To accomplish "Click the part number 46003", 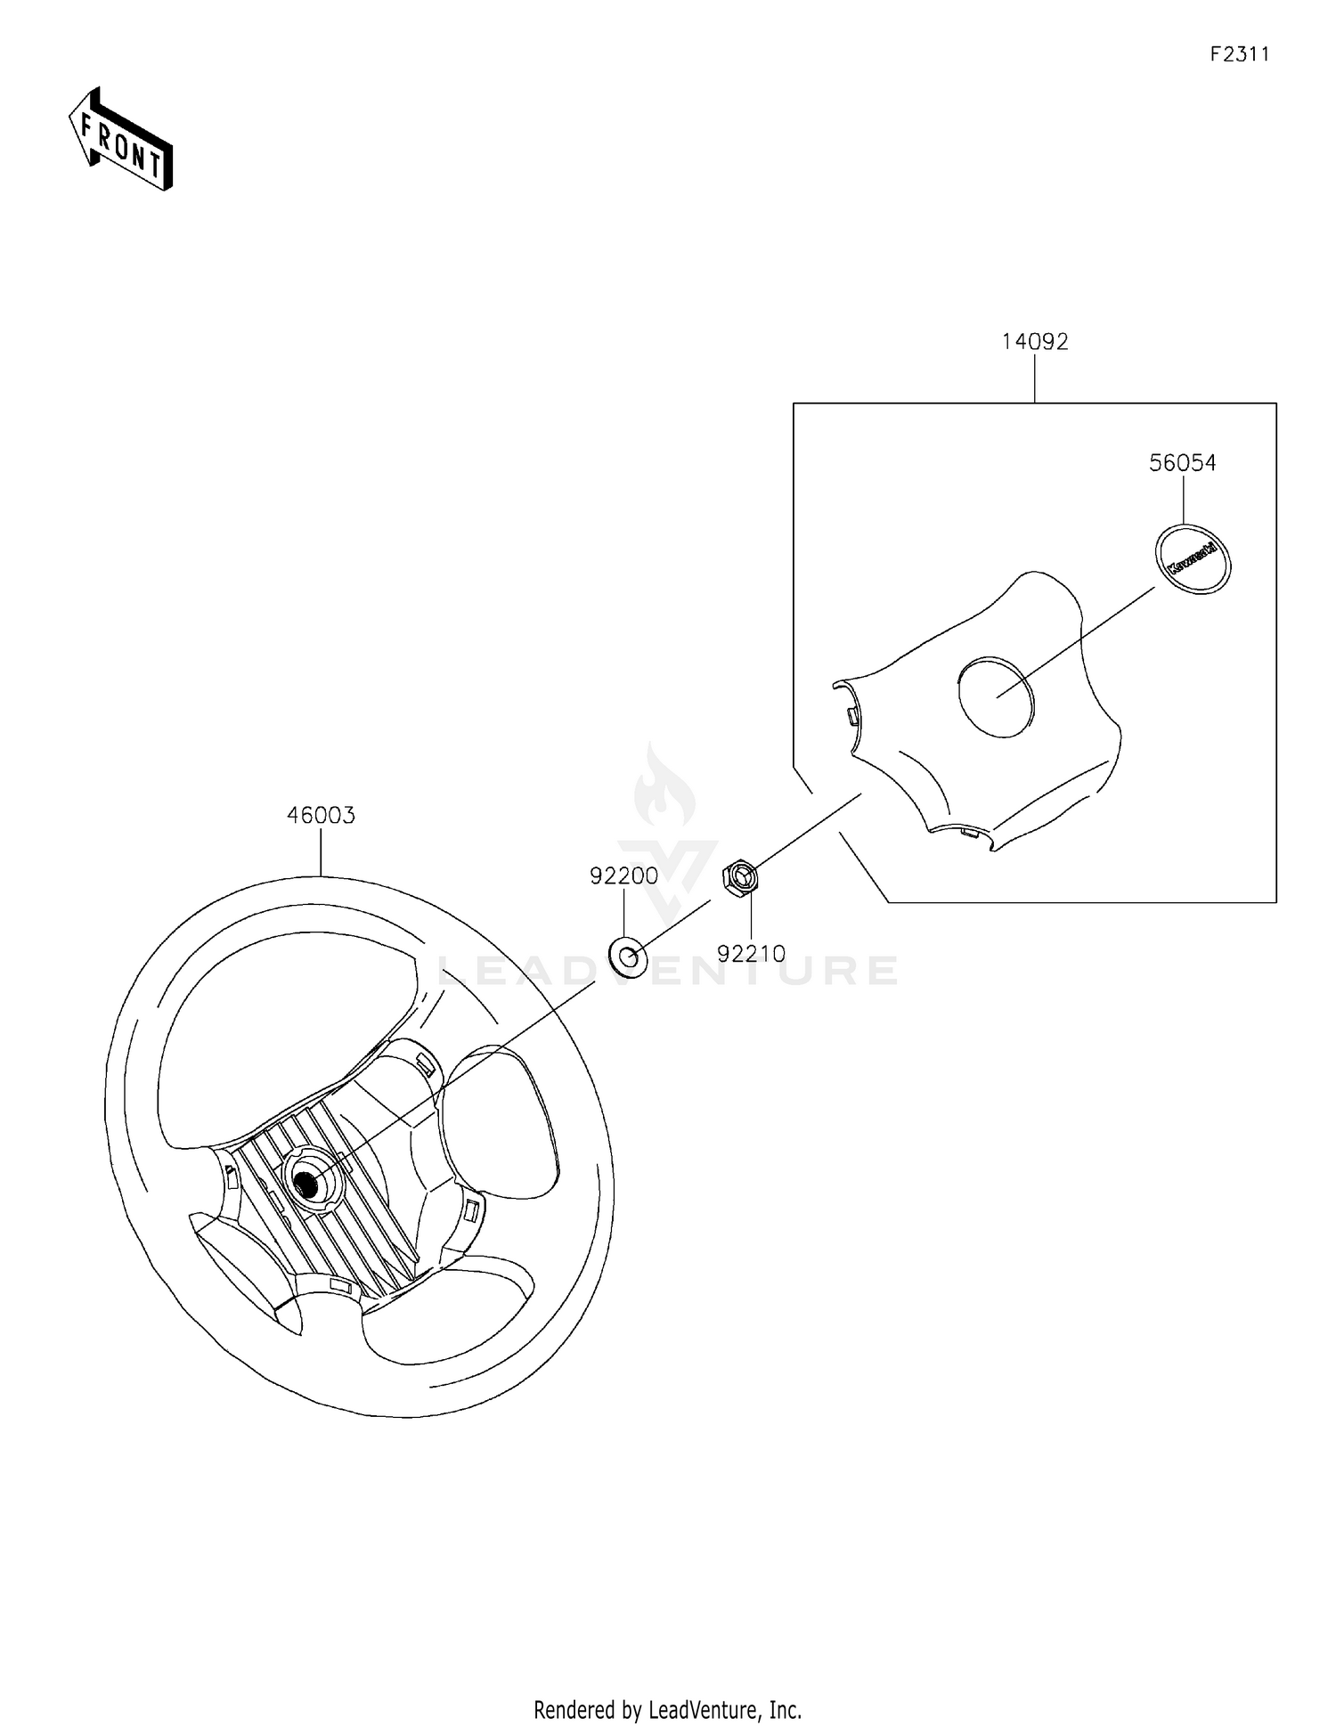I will (321, 815).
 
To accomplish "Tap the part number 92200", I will (623, 875).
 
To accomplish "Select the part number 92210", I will (751, 954).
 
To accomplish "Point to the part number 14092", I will (1034, 341).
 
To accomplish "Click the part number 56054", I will (1182, 463).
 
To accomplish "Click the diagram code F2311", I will (1239, 54).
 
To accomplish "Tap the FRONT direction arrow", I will (120, 139).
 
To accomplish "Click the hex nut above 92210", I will (738, 877).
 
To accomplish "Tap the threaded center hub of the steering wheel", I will (308, 1184).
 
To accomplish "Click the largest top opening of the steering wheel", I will (285, 1033).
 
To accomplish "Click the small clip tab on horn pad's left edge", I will (851, 715).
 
